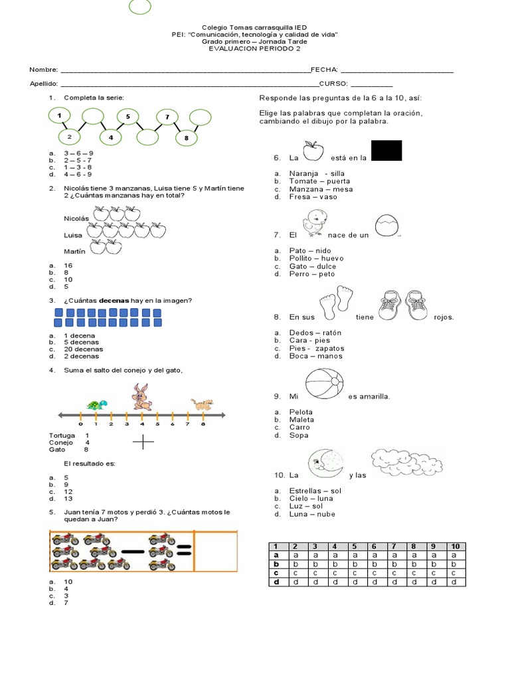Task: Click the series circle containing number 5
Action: click(x=127, y=117)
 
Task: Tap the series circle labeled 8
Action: click(x=187, y=137)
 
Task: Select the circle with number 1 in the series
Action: click(x=60, y=116)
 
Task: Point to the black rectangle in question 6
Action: click(x=386, y=150)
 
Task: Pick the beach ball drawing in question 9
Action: click(x=325, y=386)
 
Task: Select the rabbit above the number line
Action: click(x=141, y=396)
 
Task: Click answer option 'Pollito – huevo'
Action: click(x=316, y=258)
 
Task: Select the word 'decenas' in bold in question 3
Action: click(x=114, y=301)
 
